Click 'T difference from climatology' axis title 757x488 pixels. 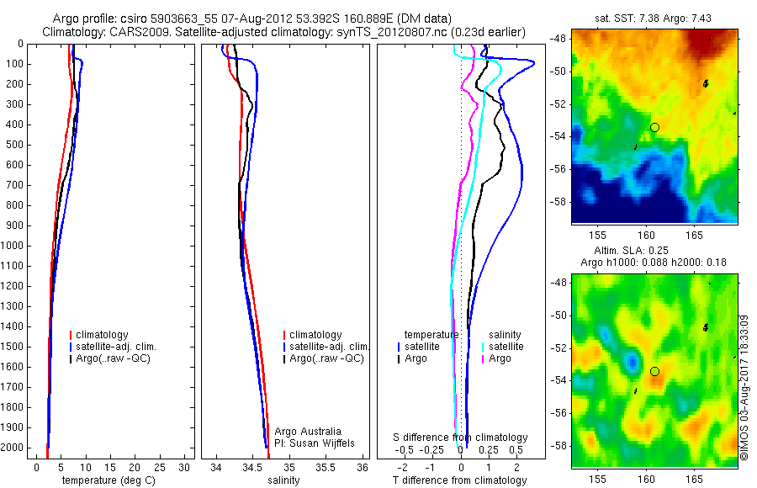(x=460, y=480)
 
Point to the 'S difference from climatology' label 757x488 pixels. (x=460, y=438)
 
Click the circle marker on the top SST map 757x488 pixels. (x=654, y=127)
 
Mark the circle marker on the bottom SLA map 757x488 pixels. (x=654, y=371)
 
